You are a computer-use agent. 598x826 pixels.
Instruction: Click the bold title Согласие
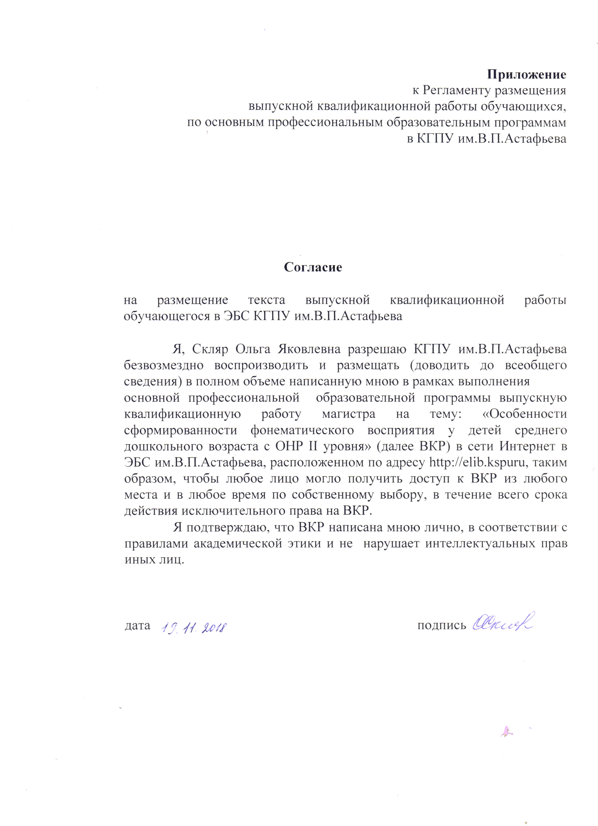coord(313,267)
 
